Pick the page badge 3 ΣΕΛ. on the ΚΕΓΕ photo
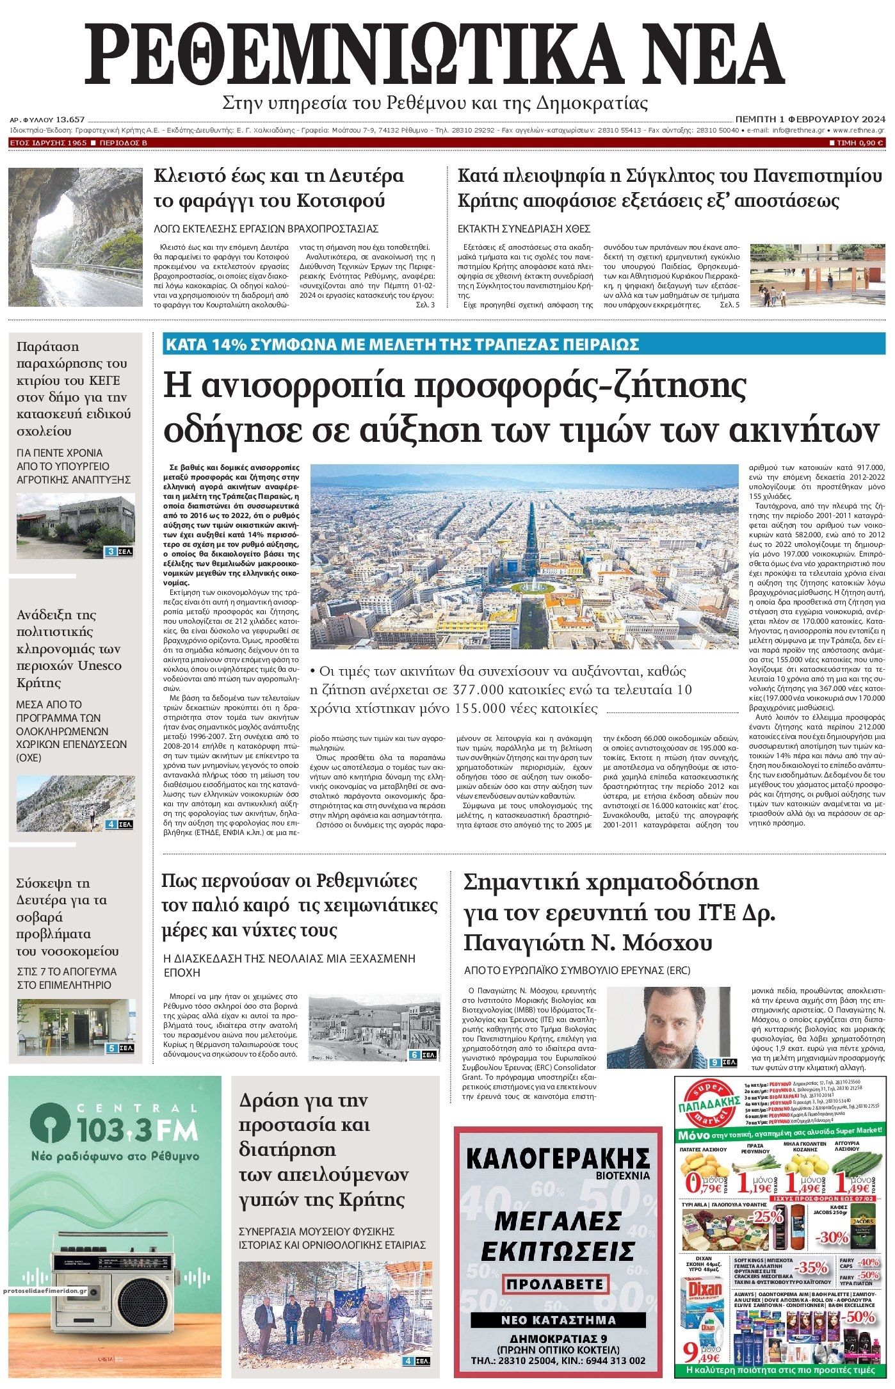[x=120, y=551]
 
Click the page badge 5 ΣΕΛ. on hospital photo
[x=120, y=1049]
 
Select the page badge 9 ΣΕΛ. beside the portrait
[x=724, y=1063]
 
